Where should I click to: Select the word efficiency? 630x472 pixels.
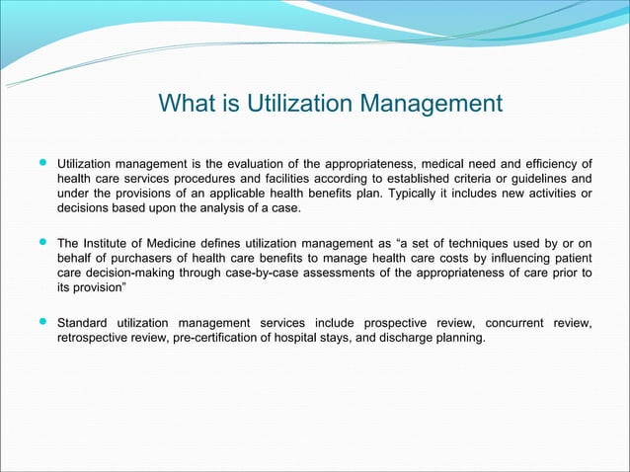coord(549,163)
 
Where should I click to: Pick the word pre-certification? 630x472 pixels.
coord(208,338)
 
